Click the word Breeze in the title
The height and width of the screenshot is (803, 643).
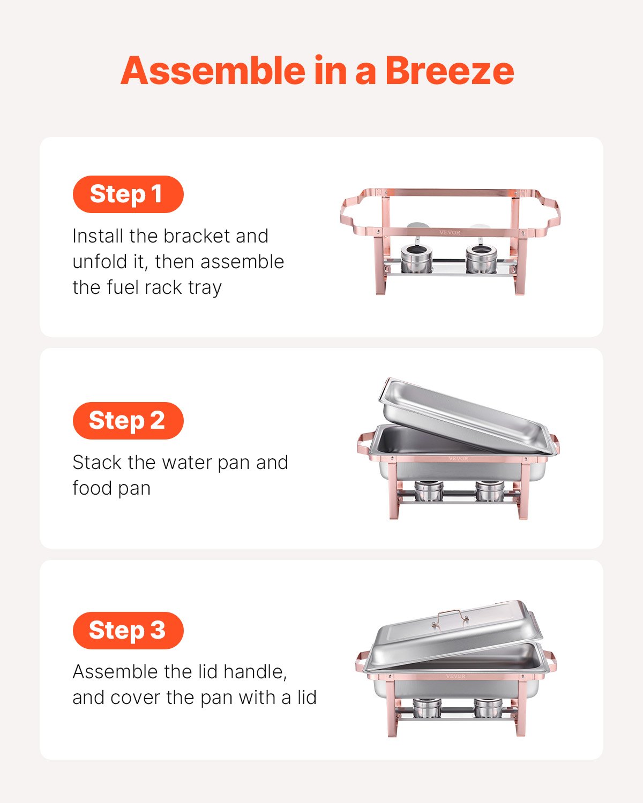[449, 71]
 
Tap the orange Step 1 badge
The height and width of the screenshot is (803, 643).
[128, 194]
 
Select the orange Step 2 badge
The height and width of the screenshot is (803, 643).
[128, 421]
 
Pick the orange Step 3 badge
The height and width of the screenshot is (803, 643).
[128, 630]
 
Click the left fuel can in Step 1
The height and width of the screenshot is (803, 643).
[414, 259]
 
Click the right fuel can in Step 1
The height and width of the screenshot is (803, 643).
[481, 259]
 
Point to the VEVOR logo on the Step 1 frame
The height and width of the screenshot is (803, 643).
[450, 232]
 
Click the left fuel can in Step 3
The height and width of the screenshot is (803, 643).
[427, 708]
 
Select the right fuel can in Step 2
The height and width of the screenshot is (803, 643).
[490, 491]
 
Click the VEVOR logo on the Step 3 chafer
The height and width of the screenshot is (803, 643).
[455, 677]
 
